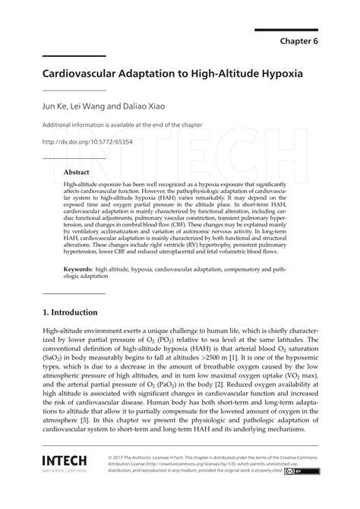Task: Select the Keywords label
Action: [83, 270]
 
